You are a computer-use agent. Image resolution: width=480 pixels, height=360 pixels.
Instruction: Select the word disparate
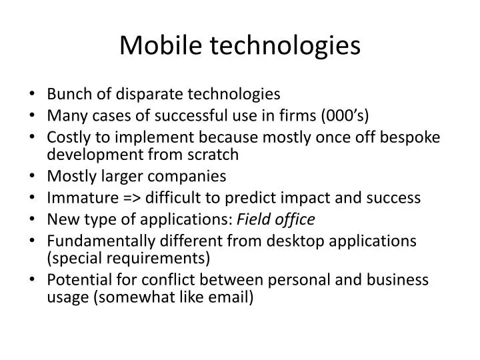tap(142, 94)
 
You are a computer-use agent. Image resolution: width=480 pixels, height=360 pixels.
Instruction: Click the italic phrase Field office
tap(277, 219)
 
